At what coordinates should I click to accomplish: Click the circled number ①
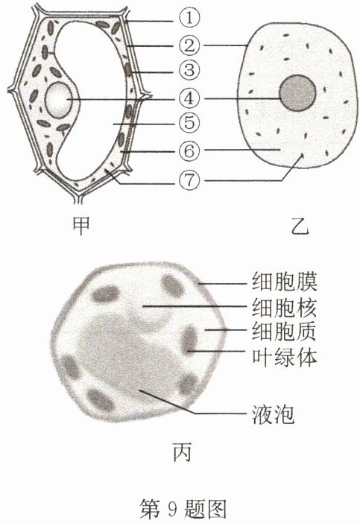189,18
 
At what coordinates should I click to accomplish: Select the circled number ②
189,45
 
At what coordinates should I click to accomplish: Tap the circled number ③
189,71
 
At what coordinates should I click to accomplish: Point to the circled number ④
189,98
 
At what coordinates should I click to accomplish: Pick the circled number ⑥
189,151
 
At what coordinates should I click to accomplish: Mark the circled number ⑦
189,180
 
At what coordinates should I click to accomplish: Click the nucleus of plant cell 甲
59,100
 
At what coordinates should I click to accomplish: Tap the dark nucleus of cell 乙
297,93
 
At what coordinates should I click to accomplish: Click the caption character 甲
81,225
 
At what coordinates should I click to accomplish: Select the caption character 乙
300,226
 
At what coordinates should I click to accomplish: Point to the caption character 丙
182,452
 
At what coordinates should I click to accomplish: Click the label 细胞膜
284,282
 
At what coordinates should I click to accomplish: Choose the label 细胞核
284,307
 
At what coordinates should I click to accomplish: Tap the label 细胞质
284,332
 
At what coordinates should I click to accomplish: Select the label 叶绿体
284,357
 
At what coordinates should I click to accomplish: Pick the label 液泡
274,414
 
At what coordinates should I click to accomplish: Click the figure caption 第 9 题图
183,509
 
